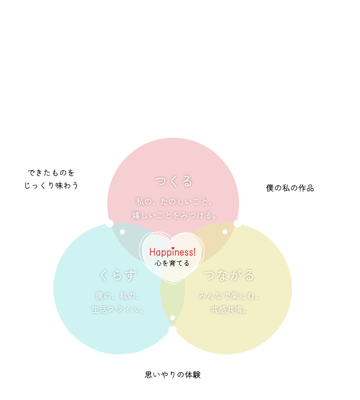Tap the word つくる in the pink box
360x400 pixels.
[x=173, y=181]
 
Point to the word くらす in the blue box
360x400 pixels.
[x=118, y=275]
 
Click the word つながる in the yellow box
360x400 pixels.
[x=229, y=275]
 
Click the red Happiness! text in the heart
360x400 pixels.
[x=172, y=252]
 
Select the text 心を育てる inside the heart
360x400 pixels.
[x=172, y=263]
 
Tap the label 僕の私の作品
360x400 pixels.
[x=290, y=188]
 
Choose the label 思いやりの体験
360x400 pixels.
[x=173, y=375]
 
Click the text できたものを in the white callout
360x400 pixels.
[x=51, y=173]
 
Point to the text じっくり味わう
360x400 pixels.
[x=51, y=185]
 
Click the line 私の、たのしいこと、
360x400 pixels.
[x=173, y=201]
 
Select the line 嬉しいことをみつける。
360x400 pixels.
[x=174, y=215]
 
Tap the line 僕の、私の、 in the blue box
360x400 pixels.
[x=118, y=296]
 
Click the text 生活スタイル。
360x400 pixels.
[x=118, y=309]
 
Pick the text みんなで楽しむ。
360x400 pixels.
[x=229, y=296]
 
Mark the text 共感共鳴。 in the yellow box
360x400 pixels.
[x=229, y=309]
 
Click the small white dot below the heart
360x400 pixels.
[x=172, y=318]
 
